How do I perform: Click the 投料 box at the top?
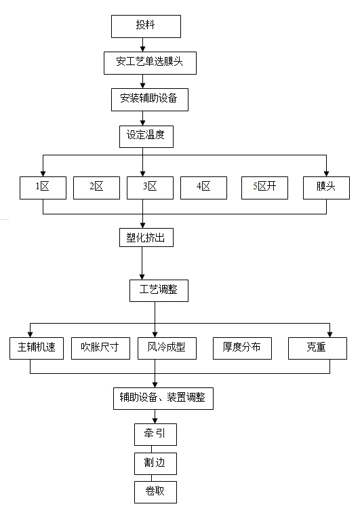[146, 26]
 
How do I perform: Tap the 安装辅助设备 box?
[149, 99]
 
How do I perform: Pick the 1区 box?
[43, 187]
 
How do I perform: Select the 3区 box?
[150, 187]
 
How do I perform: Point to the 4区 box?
[203, 187]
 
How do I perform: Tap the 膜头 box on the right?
[326, 187]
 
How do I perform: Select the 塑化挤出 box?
[142, 238]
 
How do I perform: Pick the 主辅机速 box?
[37, 348]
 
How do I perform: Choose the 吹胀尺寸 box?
[100, 348]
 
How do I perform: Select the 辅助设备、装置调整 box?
[163, 398]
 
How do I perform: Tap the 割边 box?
[155, 463]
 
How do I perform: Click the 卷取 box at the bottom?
[155, 492]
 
